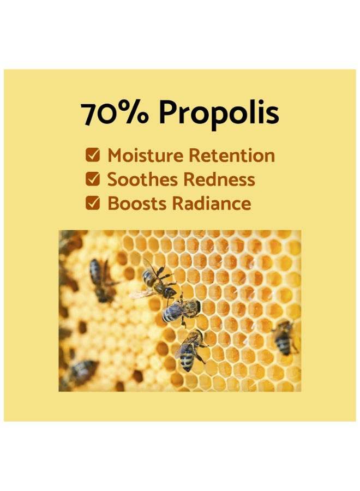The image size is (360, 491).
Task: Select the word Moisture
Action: click(146, 155)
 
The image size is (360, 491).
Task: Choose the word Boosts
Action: click(136, 203)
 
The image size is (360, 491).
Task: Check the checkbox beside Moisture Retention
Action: click(93, 155)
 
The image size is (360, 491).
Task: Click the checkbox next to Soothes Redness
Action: click(93, 179)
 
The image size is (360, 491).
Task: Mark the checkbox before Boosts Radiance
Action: click(93, 203)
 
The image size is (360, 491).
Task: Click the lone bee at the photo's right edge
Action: click(283, 337)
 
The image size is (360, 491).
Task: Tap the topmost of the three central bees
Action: click(158, 282)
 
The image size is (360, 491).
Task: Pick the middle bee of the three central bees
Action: click(181, 310)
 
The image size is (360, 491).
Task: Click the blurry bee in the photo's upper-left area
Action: click(101, 279)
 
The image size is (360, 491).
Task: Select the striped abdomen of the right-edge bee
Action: click(283, 344)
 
